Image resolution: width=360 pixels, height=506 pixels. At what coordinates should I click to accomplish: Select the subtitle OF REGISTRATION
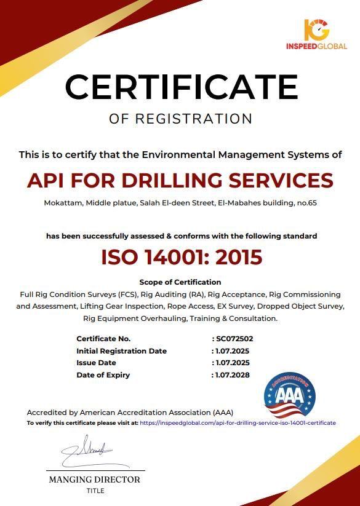pyautogui.click(x=180, y=119)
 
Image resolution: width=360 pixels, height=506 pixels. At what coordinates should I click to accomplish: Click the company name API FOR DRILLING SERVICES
pyautogui.click(x=180, y=180)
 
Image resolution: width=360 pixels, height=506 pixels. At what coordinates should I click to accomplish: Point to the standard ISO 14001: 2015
pyautogui.click(x=182, y=257)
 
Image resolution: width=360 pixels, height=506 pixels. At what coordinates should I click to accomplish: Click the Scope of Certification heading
pyautogui.click(x=180, y=282)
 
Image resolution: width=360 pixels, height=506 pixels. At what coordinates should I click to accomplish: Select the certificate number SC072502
pyautogui.click(x=234, y=339)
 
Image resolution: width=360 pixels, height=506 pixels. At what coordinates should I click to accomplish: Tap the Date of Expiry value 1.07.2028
pyautogui.click(x=232, y=375)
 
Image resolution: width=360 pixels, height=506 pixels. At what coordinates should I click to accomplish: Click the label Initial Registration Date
pyautogui.click(x=121, y=351)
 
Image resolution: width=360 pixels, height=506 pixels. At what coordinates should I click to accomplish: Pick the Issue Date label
pyautogui.click(x=96, y=363)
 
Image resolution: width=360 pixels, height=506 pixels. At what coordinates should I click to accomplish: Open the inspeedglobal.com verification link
pyautogui.click(x=238, y=424)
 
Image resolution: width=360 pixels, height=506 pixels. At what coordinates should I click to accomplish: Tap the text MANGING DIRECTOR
pyautogui.click(x=95, y=480)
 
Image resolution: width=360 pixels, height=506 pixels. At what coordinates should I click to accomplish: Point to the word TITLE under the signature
pyautogui.click(x=95, y=491)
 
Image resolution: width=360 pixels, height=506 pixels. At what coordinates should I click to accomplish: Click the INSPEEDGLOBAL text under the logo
pyautogui.click(x=316, y=46)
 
